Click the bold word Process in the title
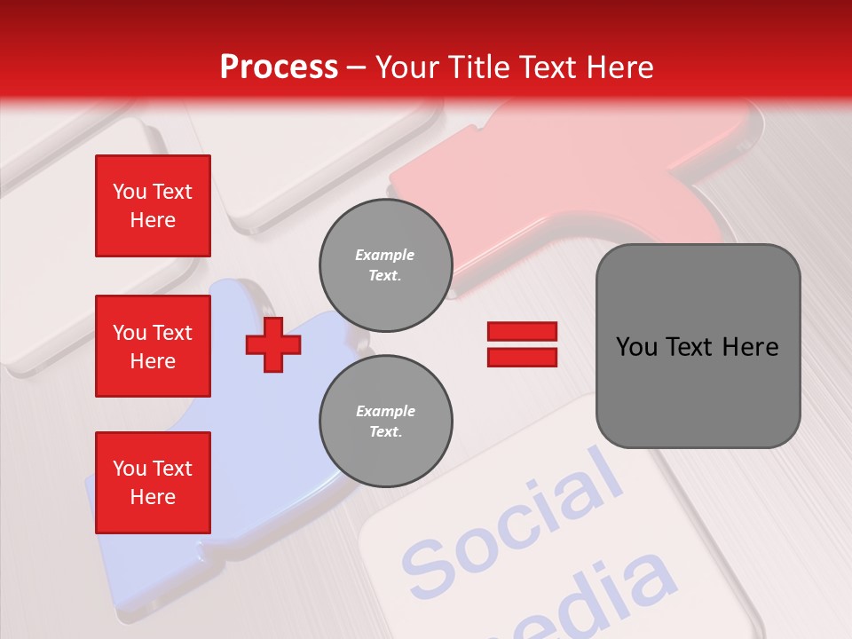[279, 67]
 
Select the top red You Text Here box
[153, 206]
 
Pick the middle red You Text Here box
[153, 346]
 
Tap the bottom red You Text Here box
[153, 483]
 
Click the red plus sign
[272, 344]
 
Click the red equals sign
[522, 344]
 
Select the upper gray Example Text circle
[385, 264]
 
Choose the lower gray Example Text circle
[385, 421]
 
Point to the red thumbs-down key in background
[568, 177]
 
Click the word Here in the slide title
[622, 67]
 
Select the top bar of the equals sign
[522, 331]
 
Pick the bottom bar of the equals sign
[522, 358]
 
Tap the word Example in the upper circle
[385, 255]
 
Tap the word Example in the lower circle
[385, 411]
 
